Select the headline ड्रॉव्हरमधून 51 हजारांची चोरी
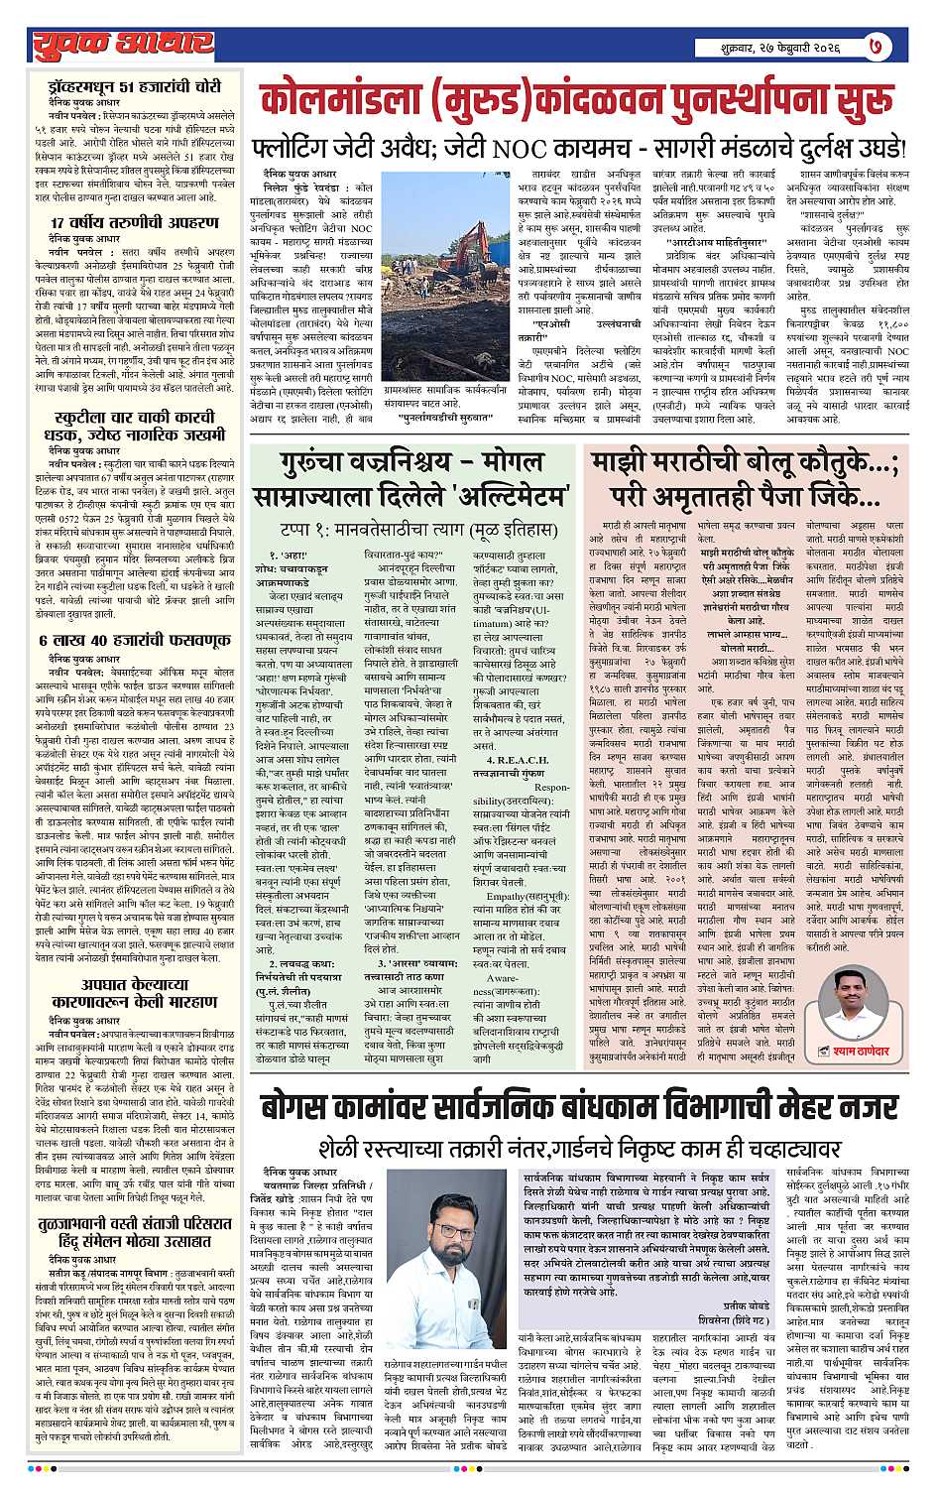(135, 87)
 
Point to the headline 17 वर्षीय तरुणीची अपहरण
(135, 222)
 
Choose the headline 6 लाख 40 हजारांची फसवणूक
(135, 640)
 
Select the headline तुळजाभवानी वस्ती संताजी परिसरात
(135, 1227)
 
